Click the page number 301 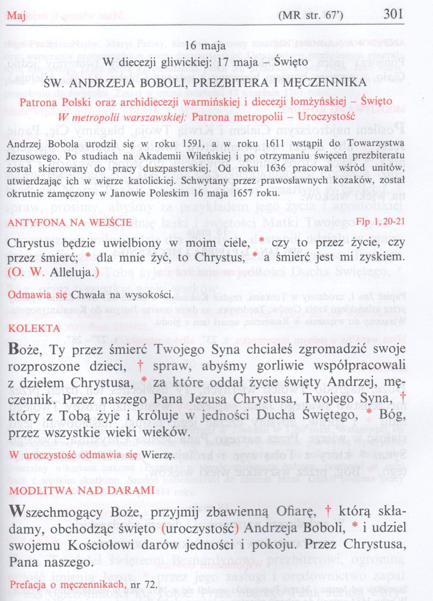393,14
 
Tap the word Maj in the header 16,16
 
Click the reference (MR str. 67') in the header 311,15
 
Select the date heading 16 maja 205,46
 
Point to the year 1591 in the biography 192,144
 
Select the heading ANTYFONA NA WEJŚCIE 69,223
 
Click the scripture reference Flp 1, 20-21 380,222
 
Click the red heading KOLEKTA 34,328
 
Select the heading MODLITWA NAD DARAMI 82,490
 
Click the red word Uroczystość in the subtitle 326,117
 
